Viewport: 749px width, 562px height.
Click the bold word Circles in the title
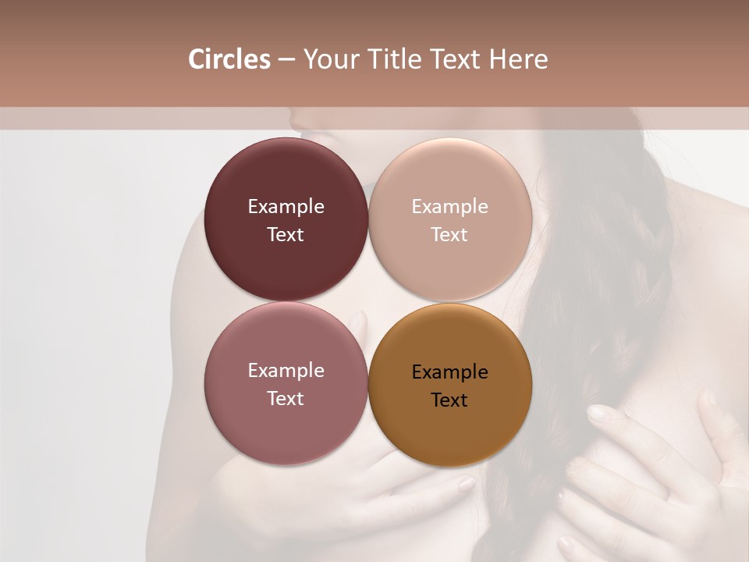click(x=229, y=59)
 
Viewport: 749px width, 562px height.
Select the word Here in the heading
click(x=518, y=59)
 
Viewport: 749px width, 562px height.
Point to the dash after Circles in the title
click(x=286, y=60)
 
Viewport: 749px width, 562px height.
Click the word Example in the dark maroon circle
click(x=286, y=207)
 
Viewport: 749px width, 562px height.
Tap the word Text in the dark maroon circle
click(x=286, y=235)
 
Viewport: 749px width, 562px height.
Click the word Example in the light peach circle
click(x=449, y=207)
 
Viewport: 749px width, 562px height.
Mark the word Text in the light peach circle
click(x=449, y=235)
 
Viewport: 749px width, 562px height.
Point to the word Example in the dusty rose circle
click(x=286, y=371)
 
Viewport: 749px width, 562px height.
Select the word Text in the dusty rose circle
click(x=286, y=399)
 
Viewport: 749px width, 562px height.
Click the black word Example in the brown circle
click(x=449, y=372)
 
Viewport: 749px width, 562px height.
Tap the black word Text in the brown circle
click(x=449, y=400)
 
